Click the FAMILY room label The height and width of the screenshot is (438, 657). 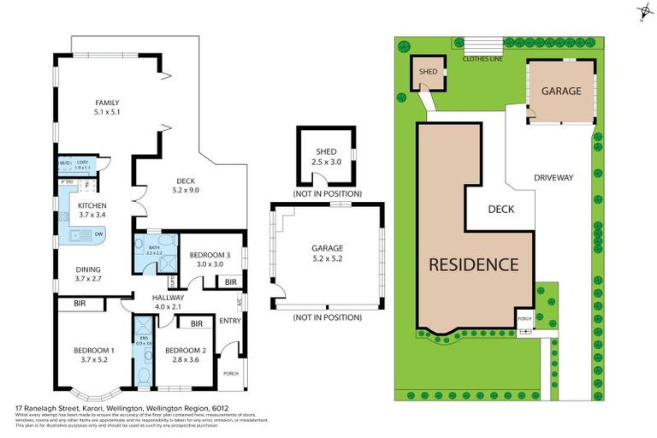[107, 103]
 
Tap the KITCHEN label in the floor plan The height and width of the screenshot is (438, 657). [92, 206]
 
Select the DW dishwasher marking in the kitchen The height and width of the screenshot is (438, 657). [99, 234]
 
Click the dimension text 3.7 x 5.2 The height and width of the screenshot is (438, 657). [93, 360]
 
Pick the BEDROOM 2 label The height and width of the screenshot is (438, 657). [186, 351]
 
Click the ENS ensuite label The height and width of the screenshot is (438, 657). [143, 338]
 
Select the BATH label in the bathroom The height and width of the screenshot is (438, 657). [154, 245]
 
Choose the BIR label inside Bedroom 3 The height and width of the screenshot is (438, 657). [230, 282]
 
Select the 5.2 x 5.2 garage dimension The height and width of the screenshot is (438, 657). [325, 258]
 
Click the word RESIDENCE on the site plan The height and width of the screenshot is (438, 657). [473, 263]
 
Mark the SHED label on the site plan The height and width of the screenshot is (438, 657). [429, 72]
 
